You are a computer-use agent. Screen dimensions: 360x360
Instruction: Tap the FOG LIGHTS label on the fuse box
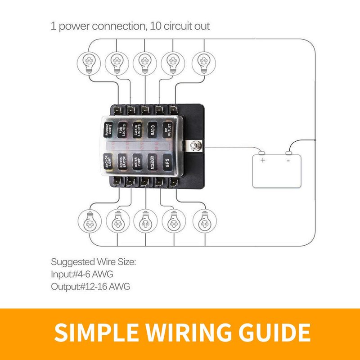(122, 130)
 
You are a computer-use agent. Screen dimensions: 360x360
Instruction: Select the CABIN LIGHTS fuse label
(138, 130)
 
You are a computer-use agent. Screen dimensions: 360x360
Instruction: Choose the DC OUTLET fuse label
(167, 130)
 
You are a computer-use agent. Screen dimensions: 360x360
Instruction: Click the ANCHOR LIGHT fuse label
(108, 162)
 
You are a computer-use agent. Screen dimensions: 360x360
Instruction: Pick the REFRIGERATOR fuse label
(122, 162)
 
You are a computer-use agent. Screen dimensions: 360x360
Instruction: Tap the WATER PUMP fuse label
(137, 162)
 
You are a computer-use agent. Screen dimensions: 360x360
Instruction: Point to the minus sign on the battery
(288, 160)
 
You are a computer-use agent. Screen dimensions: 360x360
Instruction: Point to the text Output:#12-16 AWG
(90, 286)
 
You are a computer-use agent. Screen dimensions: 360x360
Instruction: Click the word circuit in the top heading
(180, 26)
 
